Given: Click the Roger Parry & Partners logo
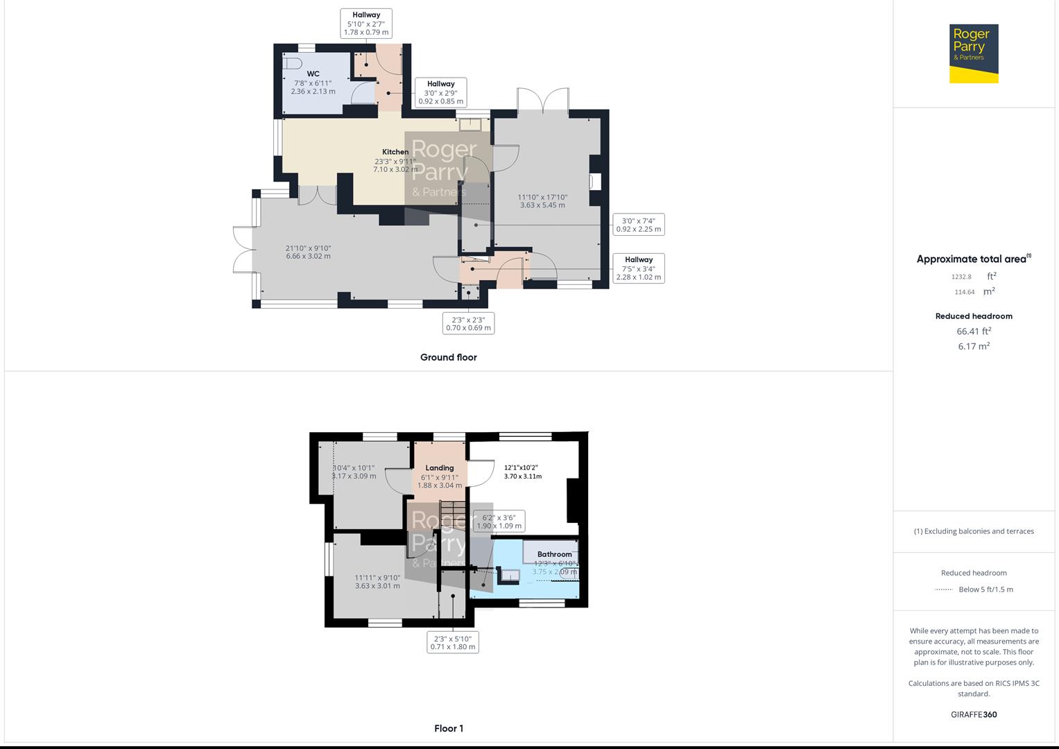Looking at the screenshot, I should tap(974, 53).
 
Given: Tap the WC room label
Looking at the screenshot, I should tap(313, 74).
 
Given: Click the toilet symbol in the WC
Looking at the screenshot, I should tap(293, 63).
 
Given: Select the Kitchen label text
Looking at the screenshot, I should tap(395, 152).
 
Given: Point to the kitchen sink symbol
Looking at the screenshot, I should tap(474, 124).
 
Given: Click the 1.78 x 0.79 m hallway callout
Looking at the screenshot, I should tap(366, 24).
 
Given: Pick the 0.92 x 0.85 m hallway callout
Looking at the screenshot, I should tap(440, 93).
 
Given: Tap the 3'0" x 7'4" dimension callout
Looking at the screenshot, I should tap(638, 225).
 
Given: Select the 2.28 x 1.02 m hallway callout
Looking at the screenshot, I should tap(638, 268).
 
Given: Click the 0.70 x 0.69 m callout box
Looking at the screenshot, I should tap(468, 324).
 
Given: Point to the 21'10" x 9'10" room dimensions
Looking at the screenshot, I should tap(308, 252).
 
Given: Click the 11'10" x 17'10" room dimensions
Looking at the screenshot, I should tap(542, 201).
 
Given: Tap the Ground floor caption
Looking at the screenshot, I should tap(448, 358).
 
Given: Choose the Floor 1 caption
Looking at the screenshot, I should tap(448, 728).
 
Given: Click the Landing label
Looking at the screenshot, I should tap(440, 468).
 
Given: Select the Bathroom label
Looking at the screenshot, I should tap(554, 554).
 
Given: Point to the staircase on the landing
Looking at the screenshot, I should tap(451, 514).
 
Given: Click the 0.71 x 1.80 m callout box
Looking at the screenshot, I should tap(453, 643).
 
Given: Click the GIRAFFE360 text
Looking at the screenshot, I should tap(973, 714).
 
